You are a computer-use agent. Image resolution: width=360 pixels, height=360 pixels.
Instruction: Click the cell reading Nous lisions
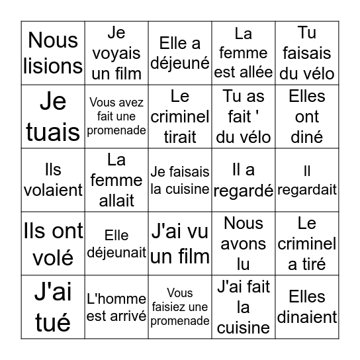53,53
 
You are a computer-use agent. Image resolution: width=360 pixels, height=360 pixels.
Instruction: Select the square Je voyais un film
116,53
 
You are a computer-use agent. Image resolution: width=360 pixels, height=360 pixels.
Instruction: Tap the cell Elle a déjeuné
180,53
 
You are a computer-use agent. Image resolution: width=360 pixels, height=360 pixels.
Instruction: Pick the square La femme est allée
244,53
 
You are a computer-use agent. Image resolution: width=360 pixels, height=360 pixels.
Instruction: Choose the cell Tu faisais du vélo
307,53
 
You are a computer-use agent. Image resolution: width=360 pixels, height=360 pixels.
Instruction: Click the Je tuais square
53,116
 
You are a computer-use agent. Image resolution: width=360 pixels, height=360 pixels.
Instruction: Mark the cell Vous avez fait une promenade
116,116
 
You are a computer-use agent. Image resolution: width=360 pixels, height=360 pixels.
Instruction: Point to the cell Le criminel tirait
180,116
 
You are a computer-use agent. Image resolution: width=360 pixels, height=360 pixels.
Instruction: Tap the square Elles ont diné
307,116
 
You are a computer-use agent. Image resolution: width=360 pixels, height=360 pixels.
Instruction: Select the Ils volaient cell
53,180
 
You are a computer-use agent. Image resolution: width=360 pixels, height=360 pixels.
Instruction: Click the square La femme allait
116,180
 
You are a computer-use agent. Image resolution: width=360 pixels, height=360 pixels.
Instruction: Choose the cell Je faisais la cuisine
180,180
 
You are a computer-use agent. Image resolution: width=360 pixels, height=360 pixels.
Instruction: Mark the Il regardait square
307,180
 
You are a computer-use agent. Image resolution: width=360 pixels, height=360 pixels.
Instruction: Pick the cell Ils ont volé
53,244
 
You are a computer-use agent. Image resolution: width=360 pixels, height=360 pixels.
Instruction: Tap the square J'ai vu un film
180,244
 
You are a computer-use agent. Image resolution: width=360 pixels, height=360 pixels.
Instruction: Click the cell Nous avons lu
244,244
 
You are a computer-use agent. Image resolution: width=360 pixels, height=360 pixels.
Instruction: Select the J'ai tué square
53,307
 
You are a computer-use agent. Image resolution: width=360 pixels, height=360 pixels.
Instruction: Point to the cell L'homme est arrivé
116,307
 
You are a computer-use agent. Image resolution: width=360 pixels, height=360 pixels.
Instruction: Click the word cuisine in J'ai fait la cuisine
244,327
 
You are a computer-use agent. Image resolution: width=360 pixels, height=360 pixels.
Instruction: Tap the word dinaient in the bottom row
307,317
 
